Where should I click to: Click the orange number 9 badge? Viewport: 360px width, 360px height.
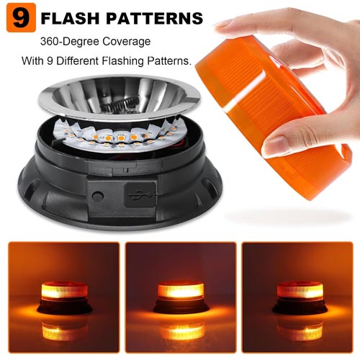21,17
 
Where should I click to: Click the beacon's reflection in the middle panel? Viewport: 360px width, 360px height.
179,331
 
